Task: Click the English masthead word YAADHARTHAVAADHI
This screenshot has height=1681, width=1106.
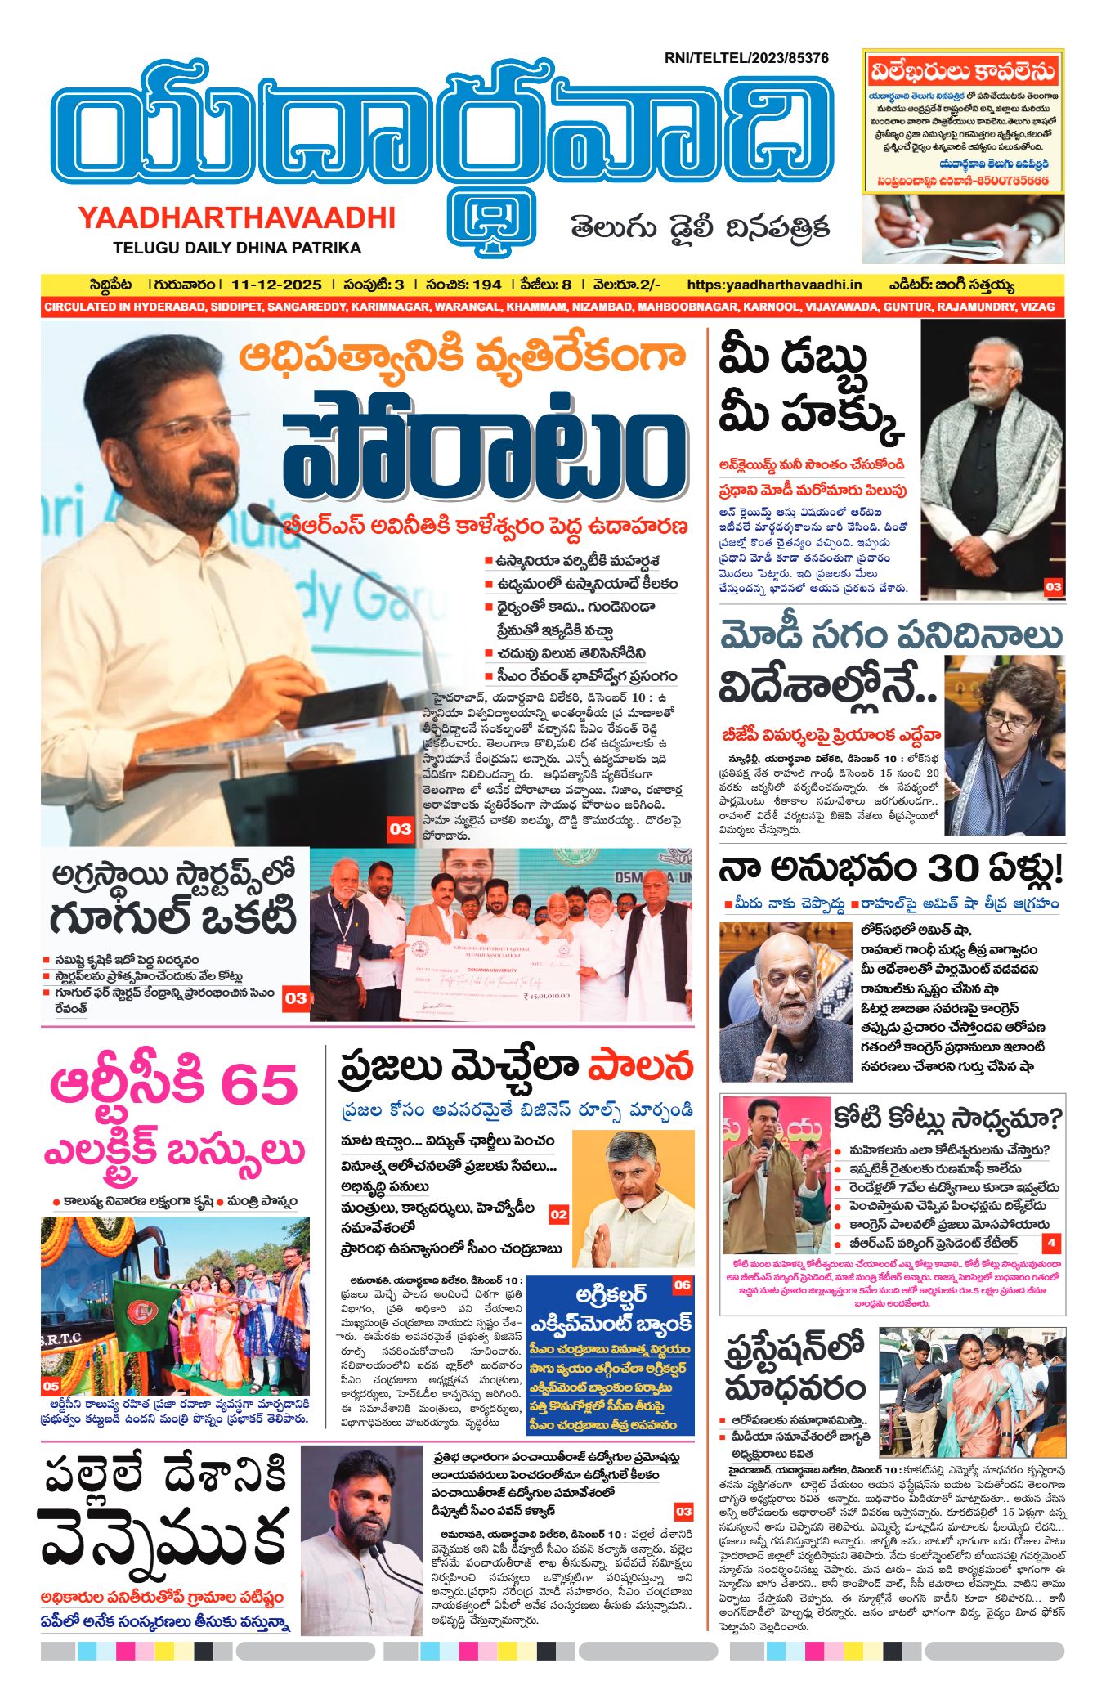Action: pyautogui.click(x=237, y=217)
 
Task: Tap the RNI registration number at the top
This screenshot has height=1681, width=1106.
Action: pyautogui.click(x=746, y=58)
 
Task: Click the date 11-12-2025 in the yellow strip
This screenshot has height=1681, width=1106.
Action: pyautogui.click(x=276, y=285)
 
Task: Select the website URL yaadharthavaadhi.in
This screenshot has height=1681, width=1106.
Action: pyautogui.click(x=774, y=285)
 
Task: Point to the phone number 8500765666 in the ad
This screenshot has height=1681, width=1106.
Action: pyautogui.click(x=1010, y=181)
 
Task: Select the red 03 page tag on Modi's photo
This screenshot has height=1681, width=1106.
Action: pyautogui.click(x=1053, y=586)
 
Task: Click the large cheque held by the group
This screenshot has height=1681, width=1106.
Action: pyautogui.click(x=490, y=978)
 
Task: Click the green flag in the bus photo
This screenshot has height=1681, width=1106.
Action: pyautogui.click(x=138, y=1307)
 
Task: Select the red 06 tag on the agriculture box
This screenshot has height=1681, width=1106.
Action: pyautogui.click(x=682, y=1285)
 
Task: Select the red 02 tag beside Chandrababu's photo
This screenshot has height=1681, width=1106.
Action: pyautogui.click(x=558, y=1215)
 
